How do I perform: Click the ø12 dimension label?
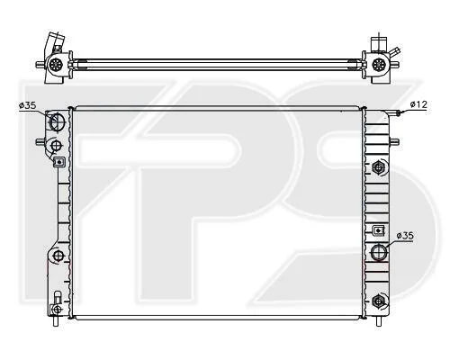[x=418, y=104]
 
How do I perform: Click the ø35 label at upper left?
[x=27, y=105]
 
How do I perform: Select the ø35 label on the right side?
[x=405, y=236]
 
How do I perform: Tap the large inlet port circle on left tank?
[x=57, y=121]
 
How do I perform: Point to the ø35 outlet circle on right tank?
[x=379, y=252]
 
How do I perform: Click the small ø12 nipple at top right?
[x=399, y=113]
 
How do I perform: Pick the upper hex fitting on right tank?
[x=378, y=167]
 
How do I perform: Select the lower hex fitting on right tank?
[x=378, y=301]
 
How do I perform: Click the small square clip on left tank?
[x=59, y=162]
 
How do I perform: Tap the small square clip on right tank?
[x=379, y=230]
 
